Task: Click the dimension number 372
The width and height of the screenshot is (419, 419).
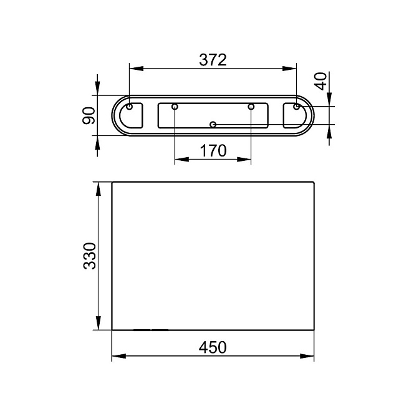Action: pos(213,60)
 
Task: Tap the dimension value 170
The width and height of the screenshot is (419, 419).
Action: pos(213,151)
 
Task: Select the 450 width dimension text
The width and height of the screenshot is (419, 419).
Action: pos(213,347)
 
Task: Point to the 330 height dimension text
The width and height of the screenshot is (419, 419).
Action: pos(90,256)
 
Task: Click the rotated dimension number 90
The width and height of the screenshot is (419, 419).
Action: pos(89,115)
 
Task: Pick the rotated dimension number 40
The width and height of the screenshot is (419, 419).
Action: pos(320,81)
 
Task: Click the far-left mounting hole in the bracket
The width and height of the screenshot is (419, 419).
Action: pos(129,107)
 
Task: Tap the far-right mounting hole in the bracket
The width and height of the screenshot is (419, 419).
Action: pos(296,107)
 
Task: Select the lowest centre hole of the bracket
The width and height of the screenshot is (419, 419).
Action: pos(213,125)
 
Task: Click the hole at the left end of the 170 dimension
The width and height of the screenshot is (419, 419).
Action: pos(175,107)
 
